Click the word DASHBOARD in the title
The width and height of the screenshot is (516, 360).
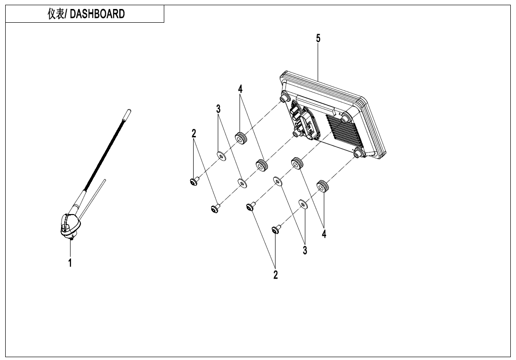point(98,14)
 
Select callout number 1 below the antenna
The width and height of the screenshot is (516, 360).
point(70,263)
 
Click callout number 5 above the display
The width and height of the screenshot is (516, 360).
point(318,39)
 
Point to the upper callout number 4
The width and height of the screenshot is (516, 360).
point(240,89)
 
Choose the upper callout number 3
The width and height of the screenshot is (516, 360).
point(218,109)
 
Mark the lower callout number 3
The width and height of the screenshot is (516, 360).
point(305,250)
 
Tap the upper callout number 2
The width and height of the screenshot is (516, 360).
point(194,134)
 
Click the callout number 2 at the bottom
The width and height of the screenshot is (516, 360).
point(276,274)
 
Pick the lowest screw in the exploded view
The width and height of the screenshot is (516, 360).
point(276,230)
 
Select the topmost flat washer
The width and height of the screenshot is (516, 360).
point(221,155)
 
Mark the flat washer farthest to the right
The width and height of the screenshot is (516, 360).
point(303,204)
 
